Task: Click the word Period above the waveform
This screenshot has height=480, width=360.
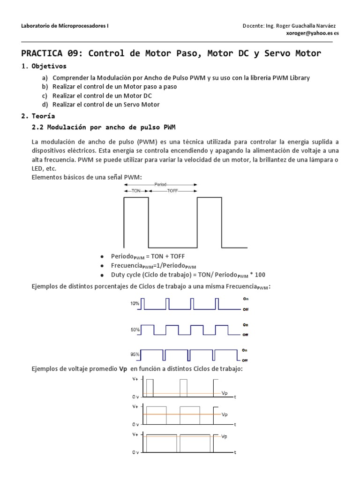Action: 160,185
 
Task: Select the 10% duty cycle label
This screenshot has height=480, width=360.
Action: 135,303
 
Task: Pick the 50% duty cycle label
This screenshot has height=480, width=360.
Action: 135,330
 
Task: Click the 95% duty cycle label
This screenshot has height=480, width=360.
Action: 135,354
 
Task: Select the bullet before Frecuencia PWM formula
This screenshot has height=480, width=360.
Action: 101,265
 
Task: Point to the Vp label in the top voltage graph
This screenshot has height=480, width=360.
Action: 225,393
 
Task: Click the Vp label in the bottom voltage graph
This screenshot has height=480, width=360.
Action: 225,437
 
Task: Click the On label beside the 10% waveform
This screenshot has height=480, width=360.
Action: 245,298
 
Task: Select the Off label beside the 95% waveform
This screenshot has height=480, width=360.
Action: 245,360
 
